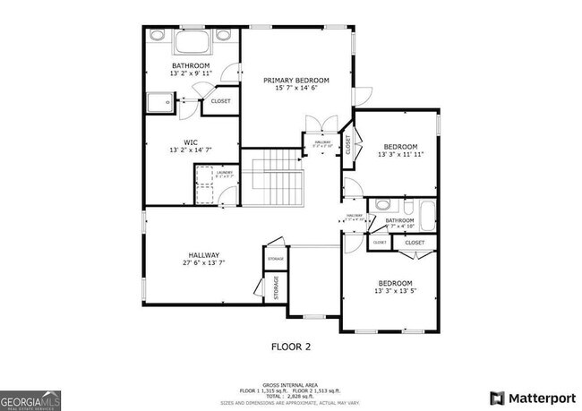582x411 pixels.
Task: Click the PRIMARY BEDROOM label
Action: pyautogui.click(x=295, y=81)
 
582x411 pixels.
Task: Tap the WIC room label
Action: pyautogui.click(x=191, y=141)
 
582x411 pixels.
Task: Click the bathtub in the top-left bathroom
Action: pyautogui.click(x=191, y=43)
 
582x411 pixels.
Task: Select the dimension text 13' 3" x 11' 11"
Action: pyautogui.click(x=400, y=155)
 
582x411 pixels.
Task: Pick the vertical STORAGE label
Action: pyautogui.click(x=276, y=287)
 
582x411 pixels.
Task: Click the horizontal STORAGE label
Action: pyautogui.click(x=275, y=259)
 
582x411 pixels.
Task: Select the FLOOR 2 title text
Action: pyautogui.click(x=291, y=345)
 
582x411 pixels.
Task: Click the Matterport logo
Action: pyautogui.click(x=526, y=397)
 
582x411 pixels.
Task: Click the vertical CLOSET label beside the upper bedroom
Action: pyautogui.click(x=348, y=145)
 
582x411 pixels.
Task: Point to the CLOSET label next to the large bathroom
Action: pyautogui.click(x=220, y=101)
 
